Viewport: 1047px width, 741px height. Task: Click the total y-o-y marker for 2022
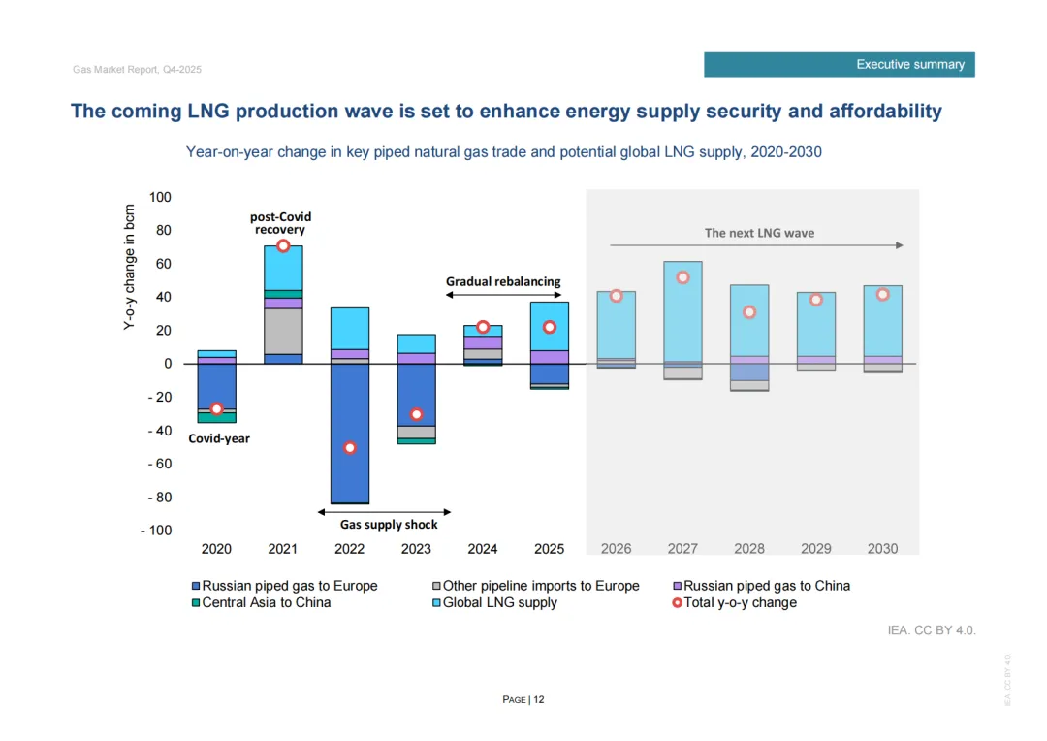[x=350, y=447]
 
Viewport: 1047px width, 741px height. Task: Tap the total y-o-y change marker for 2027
[x=682, y=277]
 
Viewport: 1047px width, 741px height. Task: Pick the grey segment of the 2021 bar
[x=283, y=331]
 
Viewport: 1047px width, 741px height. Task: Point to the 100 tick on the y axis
[x=161, y=198]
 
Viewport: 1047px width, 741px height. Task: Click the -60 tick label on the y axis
[x=158, y=464]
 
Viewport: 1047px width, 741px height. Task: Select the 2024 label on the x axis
[x=483, y=549]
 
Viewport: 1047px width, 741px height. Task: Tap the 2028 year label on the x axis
[x=749, y=549]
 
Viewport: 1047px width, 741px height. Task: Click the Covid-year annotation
[x=219, y=438]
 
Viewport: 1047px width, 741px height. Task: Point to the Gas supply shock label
[x=389, y=525]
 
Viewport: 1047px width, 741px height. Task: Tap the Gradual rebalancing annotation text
[x=503, y=281]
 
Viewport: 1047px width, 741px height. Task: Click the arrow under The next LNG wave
[x=756, y=245]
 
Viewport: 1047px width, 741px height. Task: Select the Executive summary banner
[x=840, y=65]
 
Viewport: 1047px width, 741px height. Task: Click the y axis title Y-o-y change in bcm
[x=130, y=267]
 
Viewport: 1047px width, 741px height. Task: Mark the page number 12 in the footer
[x=538, y=700]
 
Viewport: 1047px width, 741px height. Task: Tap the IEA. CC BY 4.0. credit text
[x=932, y=631]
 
